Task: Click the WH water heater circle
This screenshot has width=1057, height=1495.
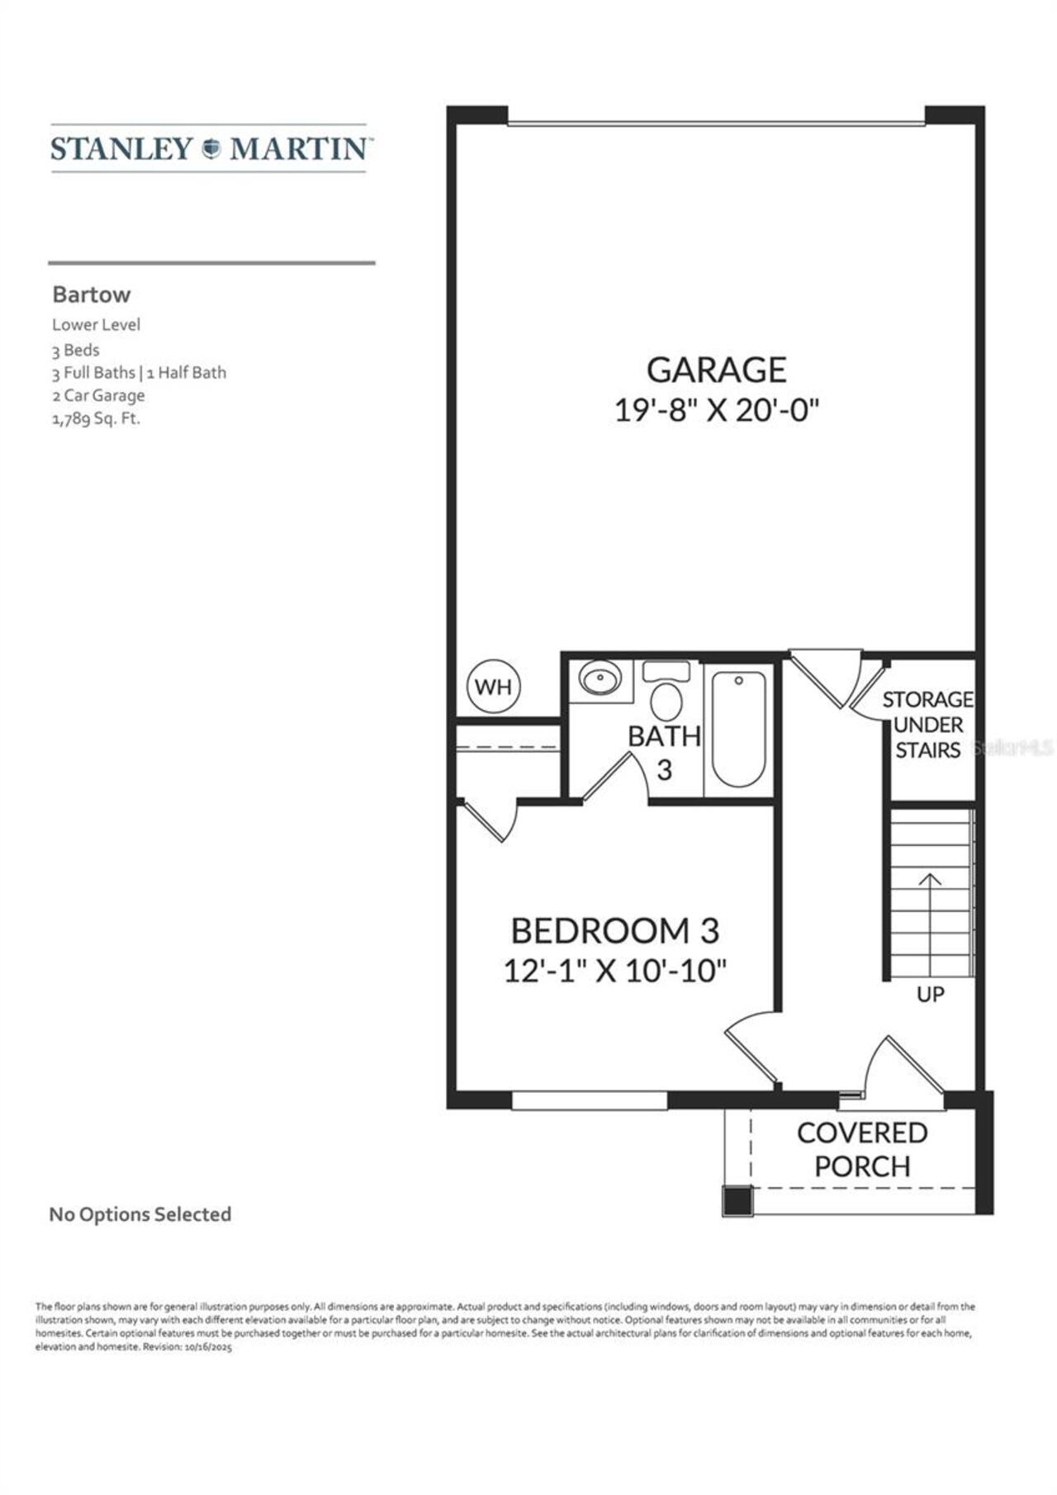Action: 494,687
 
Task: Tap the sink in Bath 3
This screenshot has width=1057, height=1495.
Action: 600,679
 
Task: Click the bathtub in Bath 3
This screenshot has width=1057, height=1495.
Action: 738,728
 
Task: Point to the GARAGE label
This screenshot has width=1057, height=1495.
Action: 716,370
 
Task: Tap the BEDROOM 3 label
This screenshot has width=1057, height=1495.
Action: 615,931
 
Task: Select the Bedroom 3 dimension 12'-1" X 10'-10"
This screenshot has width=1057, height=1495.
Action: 615,971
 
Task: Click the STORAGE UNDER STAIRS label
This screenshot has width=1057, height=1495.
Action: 928,725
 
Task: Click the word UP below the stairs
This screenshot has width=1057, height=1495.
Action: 931,995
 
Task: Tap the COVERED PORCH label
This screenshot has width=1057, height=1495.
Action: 862,1149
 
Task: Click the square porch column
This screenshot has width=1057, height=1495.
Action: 737,1200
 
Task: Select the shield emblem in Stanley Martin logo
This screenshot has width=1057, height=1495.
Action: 211,149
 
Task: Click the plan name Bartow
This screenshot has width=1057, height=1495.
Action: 92,295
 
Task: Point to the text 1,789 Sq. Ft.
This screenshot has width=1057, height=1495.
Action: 96,419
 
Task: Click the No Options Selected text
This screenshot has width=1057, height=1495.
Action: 140,1214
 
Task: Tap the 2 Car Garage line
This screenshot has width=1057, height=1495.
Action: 98,395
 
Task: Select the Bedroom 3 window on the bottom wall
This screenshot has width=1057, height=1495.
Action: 589,1100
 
